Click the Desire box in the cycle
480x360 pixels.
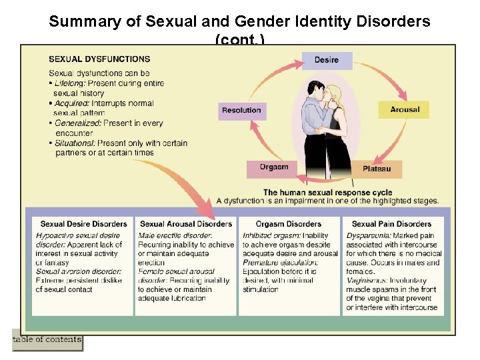[x=327, y=61]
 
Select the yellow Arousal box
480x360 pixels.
[x=405, y=109]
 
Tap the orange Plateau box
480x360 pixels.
[x=377, y=169]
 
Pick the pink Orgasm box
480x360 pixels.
[x=274, y=167]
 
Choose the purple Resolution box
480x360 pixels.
[x=241, y=111]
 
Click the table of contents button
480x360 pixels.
[x=47, y=340]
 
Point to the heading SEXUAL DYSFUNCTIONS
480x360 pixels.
[x=99, y=59]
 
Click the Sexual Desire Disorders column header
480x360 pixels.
[x=83, y=224]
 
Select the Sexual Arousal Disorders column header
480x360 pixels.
[x=186, y=224]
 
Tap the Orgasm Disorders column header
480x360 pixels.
[x=289, y=224]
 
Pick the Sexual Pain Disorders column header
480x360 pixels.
[x=391, y=224]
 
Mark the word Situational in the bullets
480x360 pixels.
[x=75, y=143]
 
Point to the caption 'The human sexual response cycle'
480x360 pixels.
[x=328, y=193]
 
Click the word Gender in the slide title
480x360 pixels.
[x=261, y=21]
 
